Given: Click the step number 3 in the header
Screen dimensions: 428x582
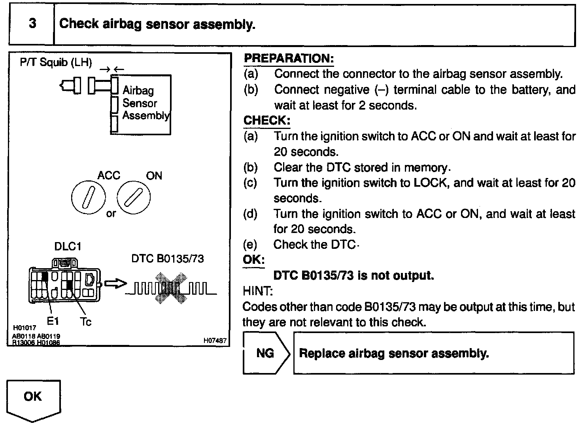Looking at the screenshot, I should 32,24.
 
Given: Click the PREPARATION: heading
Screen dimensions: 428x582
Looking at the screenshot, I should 289,59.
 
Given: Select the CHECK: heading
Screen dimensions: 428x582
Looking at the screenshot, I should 267,121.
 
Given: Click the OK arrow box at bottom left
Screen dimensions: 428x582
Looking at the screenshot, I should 33,398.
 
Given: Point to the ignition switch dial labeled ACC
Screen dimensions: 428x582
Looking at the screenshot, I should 89,197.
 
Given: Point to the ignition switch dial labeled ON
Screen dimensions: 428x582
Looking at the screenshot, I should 134,197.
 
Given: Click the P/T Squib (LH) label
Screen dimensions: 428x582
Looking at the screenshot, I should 56,62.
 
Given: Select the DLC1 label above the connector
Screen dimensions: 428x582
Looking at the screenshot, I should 68,246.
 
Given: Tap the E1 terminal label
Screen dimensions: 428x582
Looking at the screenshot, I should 53,322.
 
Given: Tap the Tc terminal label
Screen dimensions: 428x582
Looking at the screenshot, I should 86,322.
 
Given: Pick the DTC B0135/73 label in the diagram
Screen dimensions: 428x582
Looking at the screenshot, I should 168,259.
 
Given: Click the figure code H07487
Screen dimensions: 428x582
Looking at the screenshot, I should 215,341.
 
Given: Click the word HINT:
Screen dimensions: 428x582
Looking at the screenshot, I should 257,291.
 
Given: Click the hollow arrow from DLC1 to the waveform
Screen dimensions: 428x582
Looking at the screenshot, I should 115,284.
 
